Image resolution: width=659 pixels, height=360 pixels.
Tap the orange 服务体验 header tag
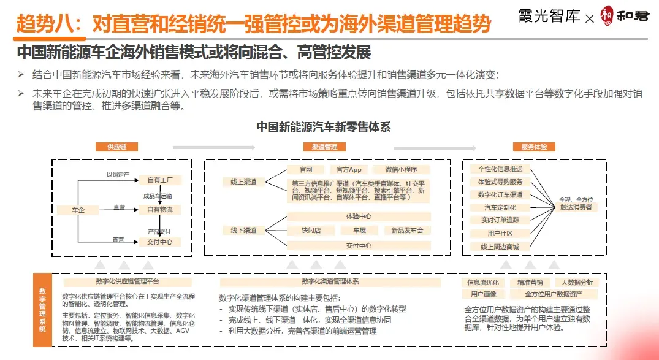point(534,147)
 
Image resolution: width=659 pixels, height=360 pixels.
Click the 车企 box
point(78,210)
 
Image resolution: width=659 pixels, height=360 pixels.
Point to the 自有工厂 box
point(160,180)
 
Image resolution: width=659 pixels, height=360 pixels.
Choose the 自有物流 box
point(160,210)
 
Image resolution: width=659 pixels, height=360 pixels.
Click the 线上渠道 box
point(243,182)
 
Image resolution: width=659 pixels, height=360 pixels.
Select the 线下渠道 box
point(243,230)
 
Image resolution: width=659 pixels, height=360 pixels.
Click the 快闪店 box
point(311,231)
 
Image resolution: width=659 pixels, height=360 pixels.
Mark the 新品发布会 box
point(407,231)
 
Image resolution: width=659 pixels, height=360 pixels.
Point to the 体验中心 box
point(359,216)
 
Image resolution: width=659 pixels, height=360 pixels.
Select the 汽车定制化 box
point(500,208)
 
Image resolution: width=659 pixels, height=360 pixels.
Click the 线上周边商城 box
point(500,247)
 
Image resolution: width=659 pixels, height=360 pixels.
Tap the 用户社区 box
point(500,234)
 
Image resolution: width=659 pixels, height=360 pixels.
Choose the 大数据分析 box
point(577,283)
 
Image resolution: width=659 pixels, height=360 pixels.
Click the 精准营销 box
point(530,283)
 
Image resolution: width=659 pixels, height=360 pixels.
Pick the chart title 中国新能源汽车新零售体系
point(324,128)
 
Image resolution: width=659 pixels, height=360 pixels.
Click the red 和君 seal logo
point(606,14)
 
